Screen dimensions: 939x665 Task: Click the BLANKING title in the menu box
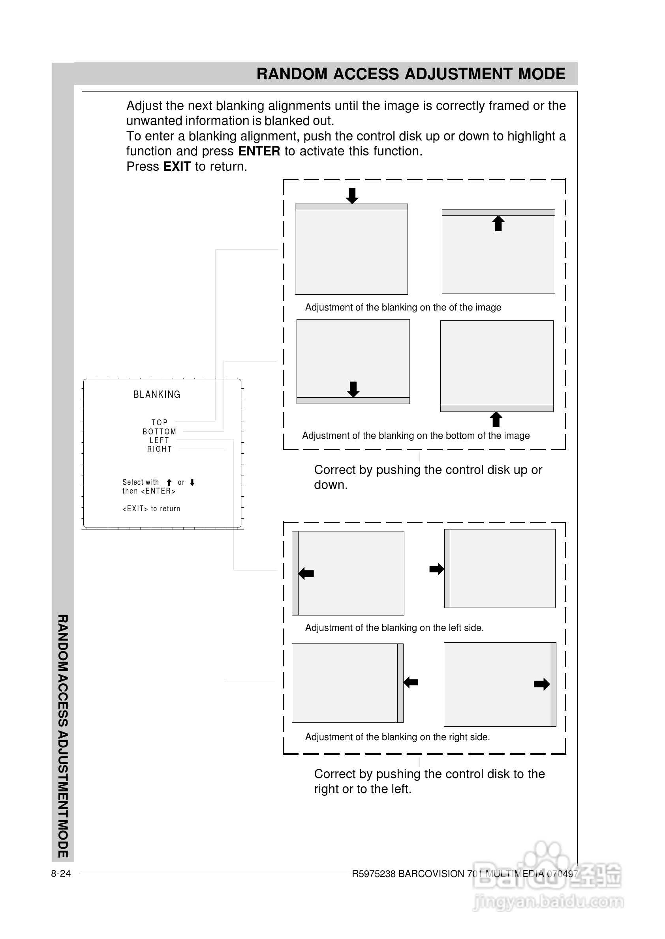157,395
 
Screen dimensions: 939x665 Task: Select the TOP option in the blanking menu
159,422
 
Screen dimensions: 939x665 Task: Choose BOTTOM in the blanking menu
159,432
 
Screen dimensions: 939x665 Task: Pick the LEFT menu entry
159,440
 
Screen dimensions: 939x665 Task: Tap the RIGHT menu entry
159,449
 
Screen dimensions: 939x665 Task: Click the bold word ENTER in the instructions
259,152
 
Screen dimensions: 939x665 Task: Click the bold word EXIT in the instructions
177,166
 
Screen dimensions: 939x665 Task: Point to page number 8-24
60,874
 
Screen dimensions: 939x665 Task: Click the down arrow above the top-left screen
352,196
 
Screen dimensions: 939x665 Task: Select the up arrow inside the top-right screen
498,224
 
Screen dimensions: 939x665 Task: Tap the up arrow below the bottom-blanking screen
496,419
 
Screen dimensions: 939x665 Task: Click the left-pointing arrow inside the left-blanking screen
306,573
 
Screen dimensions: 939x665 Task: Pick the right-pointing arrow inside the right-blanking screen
541,684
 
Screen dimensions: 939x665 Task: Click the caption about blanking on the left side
394,628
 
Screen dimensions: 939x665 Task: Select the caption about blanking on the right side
397,737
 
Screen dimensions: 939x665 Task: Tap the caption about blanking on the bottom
415,436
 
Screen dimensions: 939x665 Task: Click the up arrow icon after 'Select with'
169,483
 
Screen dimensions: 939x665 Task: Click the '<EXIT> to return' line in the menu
151,509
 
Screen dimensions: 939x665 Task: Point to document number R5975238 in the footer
374,874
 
